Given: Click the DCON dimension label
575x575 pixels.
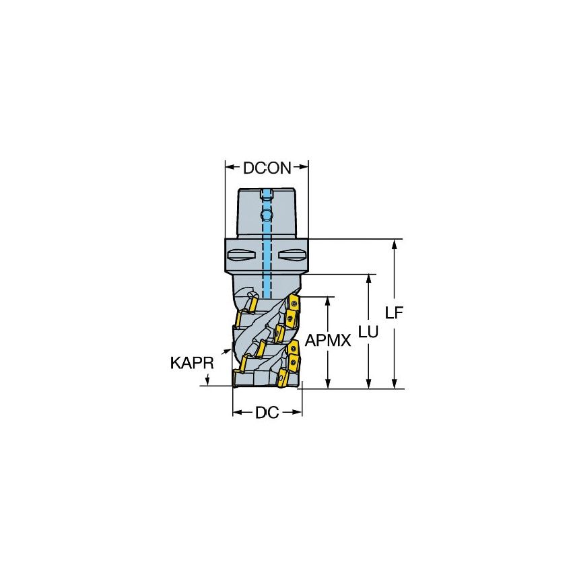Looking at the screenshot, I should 267,168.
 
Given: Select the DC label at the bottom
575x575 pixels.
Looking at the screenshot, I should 267,413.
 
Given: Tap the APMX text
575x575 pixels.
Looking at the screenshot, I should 328,341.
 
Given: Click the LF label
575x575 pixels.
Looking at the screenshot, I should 395,313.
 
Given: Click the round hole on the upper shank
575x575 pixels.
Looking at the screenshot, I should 267,215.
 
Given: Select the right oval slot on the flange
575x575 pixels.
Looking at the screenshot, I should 292,255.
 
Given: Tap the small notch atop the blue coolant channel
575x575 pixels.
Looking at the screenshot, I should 267,196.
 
